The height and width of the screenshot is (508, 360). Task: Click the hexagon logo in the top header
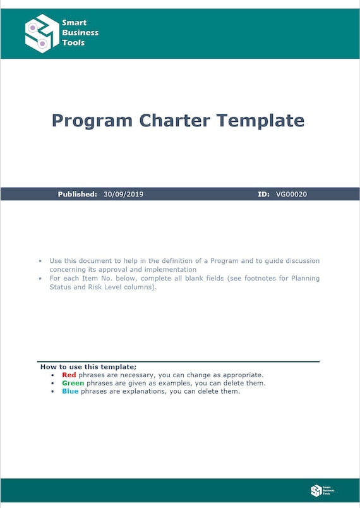point(42,33)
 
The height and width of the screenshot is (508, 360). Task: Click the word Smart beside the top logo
point(74,23)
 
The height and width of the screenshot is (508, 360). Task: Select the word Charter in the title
point(174,120)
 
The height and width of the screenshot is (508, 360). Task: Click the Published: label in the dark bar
point(77,195)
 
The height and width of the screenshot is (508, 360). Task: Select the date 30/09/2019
point(123,195)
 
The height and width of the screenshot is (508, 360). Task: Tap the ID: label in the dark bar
point(264,195)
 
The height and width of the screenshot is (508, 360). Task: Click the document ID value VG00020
point(291,195)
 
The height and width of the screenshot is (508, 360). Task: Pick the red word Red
point(69,375)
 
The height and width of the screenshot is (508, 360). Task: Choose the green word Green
point(73,384)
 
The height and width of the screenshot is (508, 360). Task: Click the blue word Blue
point(70,392)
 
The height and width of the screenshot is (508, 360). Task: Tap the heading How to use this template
point(88,367)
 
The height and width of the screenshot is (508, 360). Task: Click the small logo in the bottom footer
point(316,490)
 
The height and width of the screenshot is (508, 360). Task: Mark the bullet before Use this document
point(40,261)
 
